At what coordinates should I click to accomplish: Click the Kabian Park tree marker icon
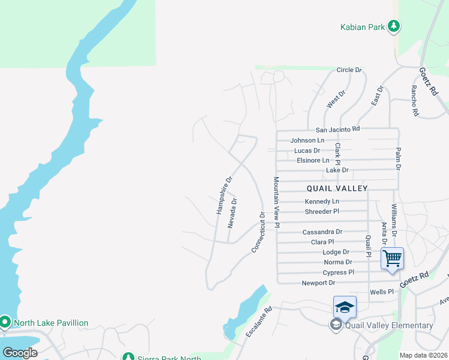(394, 26)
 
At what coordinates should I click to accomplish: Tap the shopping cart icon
(392, 259)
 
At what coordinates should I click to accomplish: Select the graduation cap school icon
(345, 307)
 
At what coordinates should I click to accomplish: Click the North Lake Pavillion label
(51, 323)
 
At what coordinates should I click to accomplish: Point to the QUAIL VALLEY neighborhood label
(339, 188)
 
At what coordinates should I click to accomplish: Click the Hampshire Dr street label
(224, 195)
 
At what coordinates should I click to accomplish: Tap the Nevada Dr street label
(233, 213)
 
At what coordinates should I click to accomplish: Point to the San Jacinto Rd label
(337, 129)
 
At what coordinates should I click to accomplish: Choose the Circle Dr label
(349, 70)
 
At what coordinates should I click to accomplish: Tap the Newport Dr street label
(318, 283)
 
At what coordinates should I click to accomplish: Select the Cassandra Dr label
(322, 232)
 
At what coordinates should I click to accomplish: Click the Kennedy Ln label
(322, 201)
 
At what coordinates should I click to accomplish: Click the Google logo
(20, 353)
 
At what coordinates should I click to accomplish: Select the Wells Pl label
(381, 292)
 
